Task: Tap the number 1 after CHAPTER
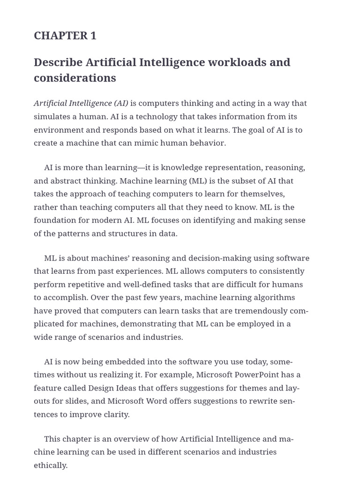(93, 36)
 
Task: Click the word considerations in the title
(75, 78)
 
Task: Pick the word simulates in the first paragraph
(52, 116)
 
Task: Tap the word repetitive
(83, 284)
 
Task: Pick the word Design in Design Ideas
(101, 388)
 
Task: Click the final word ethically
(51, 465)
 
